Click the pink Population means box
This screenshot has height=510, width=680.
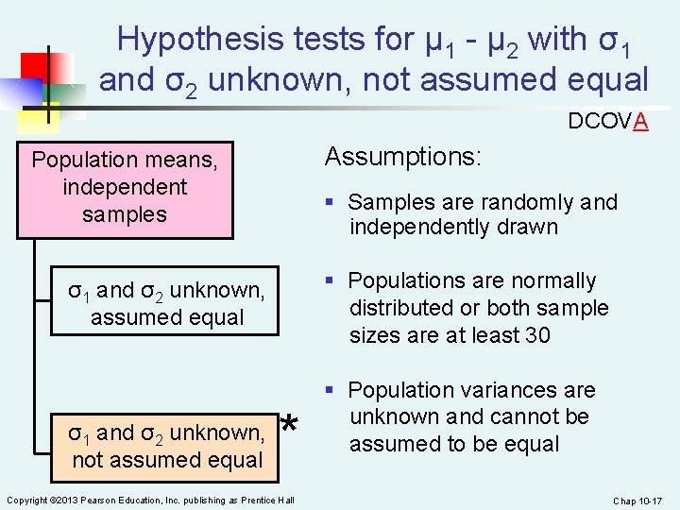tap(125, 187)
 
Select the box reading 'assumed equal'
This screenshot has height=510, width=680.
tap(166, 302)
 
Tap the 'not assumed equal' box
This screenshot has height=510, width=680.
tap(166, 446)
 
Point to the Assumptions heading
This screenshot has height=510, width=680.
tap(402, 156)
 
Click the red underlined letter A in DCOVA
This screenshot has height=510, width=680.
tap(640, 122)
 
